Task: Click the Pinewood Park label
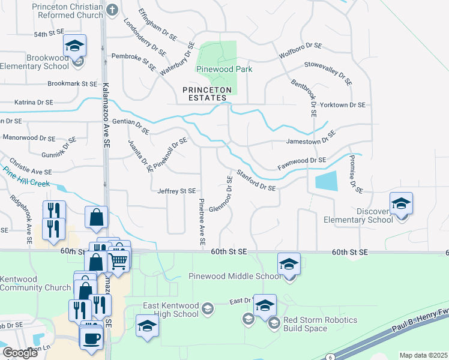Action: [224, 69]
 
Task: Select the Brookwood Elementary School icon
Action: [75, 45]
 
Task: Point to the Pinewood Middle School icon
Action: [289, 263]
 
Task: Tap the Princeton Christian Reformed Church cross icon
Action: [112, 10]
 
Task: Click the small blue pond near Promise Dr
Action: [325, 180]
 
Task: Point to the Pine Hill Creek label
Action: [25, 176]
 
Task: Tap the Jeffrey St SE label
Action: [176, 191]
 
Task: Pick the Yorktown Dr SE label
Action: [342, 105]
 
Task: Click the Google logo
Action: [20, 353]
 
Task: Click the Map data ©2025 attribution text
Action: [423, 355]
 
